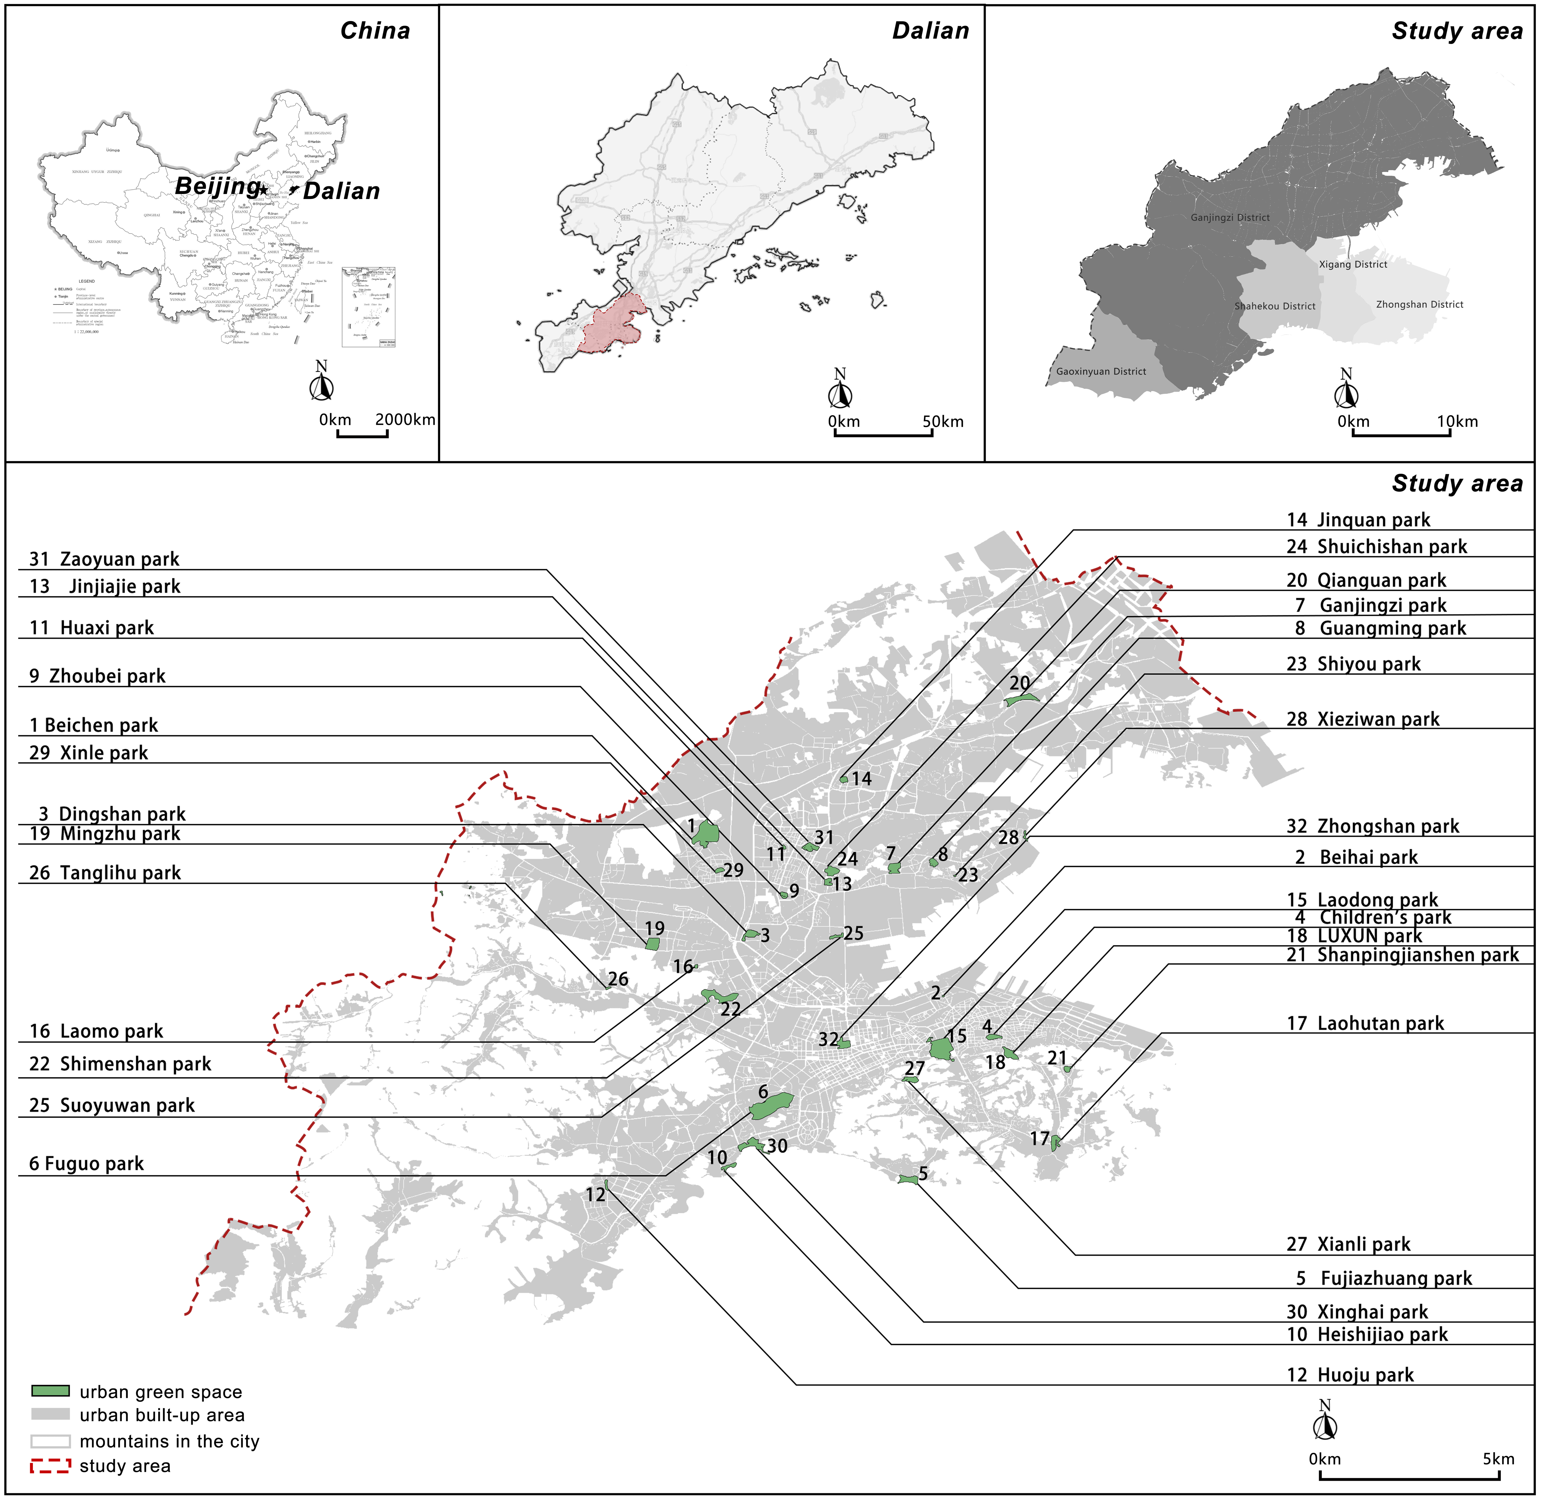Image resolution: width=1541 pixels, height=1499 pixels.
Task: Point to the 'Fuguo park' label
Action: (x=87, y=1164)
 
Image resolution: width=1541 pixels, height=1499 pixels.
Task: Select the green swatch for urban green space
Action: (x=50, y=1391)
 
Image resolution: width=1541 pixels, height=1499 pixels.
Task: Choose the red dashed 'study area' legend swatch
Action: (x=50, y=1466)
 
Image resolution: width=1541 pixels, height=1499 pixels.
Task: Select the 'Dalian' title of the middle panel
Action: (x=930, y=31)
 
